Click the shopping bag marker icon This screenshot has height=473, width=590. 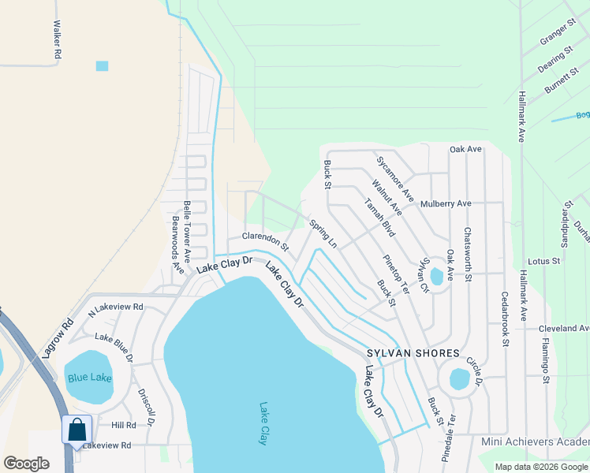[77, 430]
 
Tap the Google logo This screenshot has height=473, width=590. [27, 464]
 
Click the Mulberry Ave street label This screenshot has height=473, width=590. [446, 203]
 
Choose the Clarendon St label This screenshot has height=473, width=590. [266, 240]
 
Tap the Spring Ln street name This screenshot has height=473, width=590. [323, 234]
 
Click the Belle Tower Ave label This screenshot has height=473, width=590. [188, 231]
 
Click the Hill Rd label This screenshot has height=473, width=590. [123, 425]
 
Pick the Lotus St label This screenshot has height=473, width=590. [543, 260]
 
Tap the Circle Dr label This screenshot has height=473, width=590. [474, 367]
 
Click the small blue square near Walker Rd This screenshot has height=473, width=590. [103, 65]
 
